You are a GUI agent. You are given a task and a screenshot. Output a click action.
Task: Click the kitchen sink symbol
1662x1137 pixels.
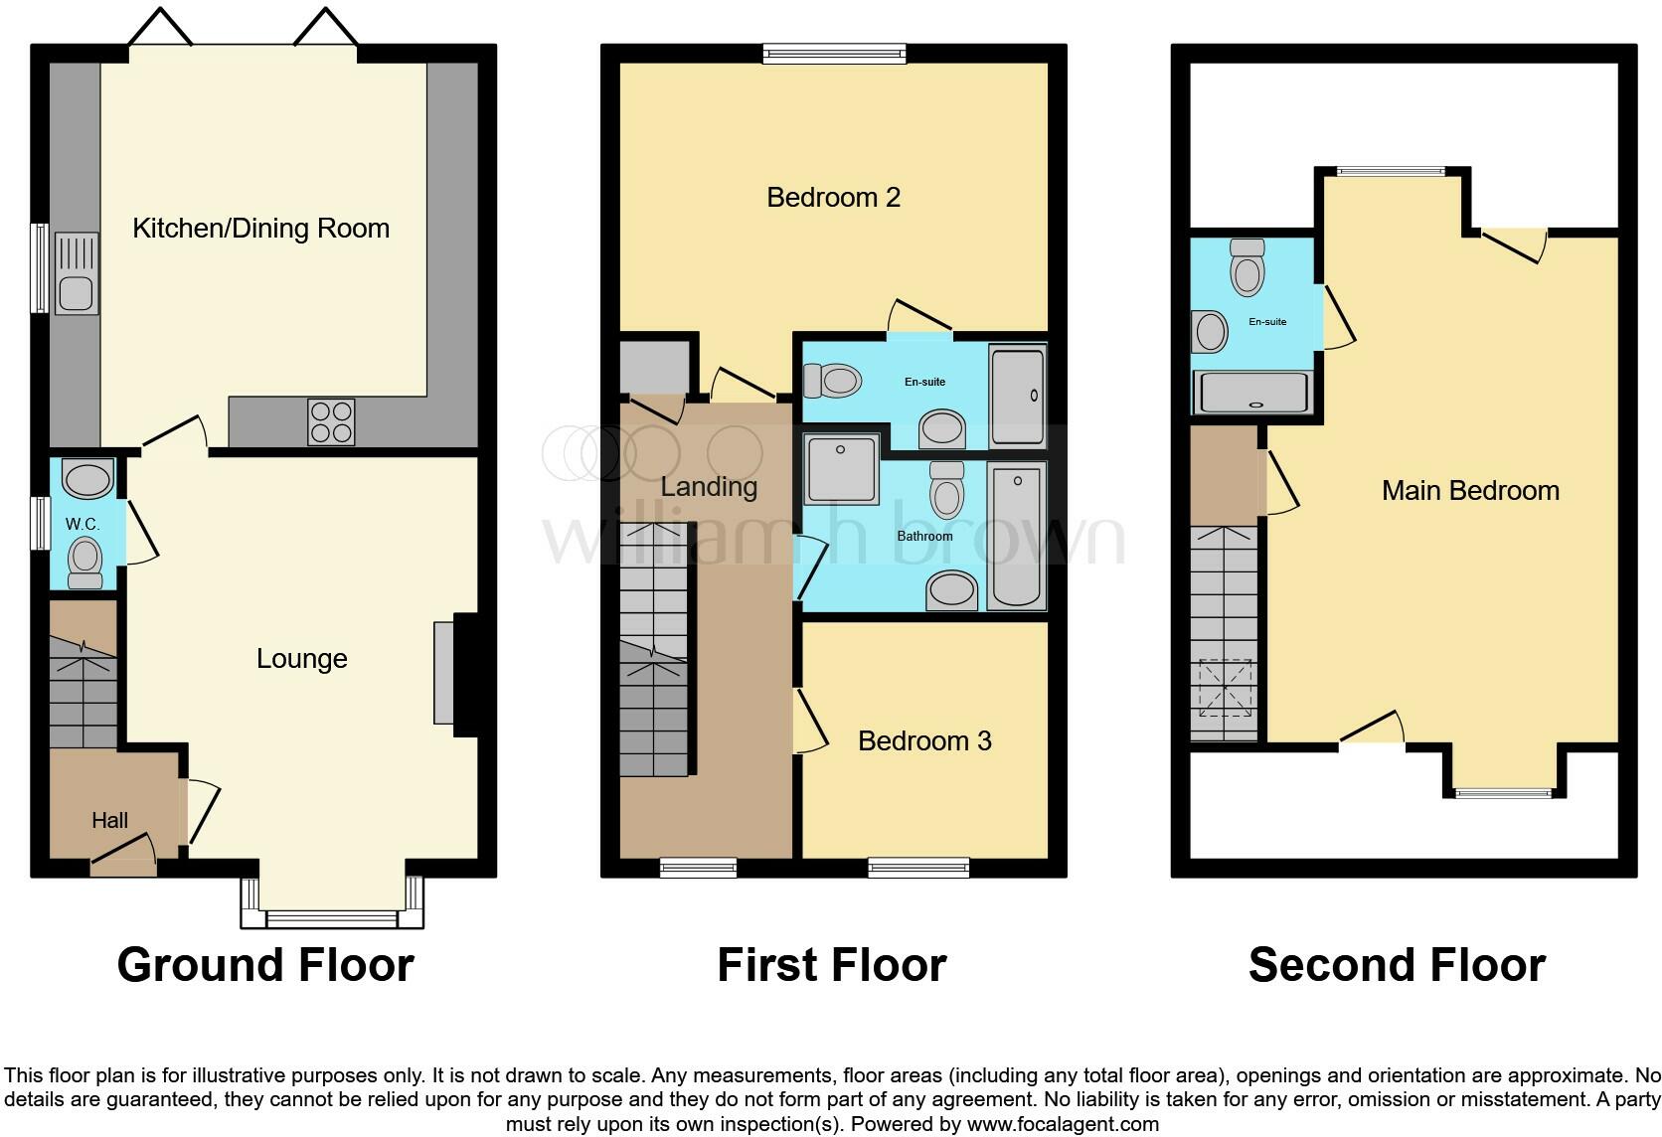tap(77, 273)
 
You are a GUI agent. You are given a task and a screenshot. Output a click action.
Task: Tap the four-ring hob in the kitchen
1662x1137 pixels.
tap(331, 421)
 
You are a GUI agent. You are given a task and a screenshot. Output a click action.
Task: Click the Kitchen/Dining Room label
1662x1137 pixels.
tap(260, 229)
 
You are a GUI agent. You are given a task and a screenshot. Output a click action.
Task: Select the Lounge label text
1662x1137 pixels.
tap(301, 659)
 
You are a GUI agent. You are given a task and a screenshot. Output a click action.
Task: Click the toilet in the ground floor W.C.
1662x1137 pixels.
tap(85, 563)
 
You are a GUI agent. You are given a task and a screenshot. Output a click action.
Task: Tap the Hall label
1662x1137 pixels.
tap(109, 821)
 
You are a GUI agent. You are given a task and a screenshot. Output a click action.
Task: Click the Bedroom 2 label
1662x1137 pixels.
tap(833, 198)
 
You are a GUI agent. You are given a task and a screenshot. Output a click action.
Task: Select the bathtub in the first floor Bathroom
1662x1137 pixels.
tap(1017, 537)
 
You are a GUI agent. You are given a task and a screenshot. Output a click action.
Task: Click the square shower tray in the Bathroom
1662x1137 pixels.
tap(841, 468)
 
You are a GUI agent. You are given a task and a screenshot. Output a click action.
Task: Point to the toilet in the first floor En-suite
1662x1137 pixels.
tap(833, 380)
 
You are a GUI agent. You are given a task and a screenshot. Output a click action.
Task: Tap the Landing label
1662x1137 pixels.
tap(709, 487)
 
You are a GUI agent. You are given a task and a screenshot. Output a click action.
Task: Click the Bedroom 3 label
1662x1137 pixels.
tap(924, 741)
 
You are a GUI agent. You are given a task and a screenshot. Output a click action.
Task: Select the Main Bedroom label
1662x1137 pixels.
tap(1470, 491)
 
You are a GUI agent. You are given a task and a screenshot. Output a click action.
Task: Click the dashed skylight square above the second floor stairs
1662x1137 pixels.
tap(1225, 688)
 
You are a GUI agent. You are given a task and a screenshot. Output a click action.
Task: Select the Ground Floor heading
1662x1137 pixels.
tap(265, 965)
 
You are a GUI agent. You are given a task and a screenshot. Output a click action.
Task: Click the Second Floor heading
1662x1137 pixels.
tap(1397, 965)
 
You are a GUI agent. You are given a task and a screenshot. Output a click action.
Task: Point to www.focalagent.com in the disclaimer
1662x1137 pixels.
tap(1063, 1125)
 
